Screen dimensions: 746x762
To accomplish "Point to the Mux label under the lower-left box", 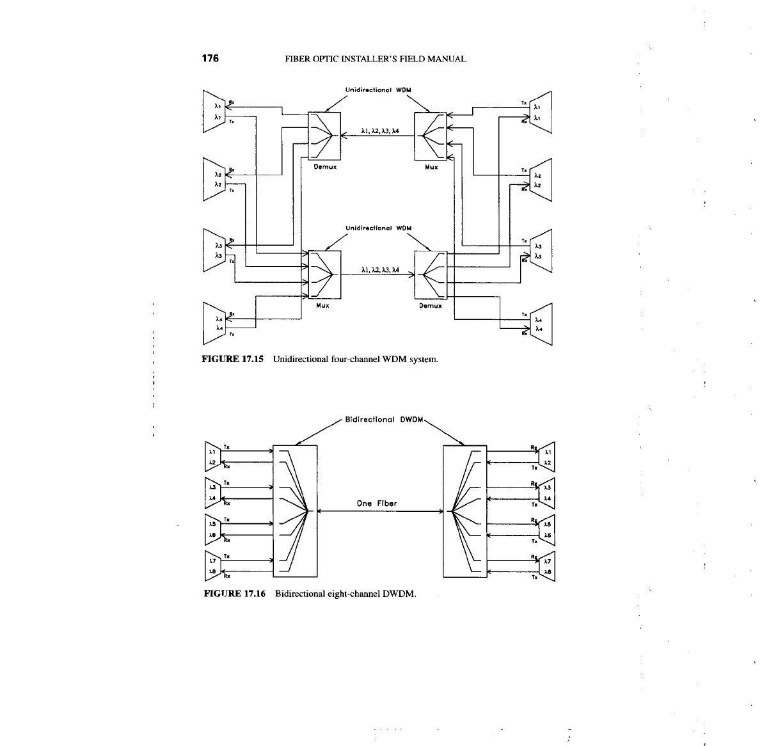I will click(x=322, y=306).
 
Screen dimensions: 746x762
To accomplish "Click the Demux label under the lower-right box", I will click(x=430, y=306).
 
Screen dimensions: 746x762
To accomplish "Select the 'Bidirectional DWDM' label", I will click(x=381, y=420).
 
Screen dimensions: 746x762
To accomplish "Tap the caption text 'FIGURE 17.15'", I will click(x=234, y=359).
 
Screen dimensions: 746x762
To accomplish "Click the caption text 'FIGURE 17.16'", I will click(x=235, y=594).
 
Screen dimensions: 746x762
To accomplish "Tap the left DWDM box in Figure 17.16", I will click(x=294, y=511).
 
